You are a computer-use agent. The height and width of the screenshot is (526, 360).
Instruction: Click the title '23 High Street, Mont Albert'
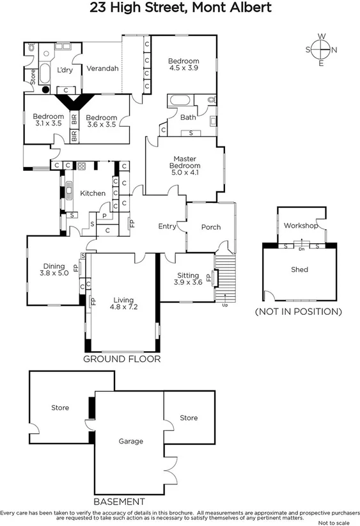coord(180,8)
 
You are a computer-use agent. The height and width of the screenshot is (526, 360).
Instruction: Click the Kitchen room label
coord(92,193)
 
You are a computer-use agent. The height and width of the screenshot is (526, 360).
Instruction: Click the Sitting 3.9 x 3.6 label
coord(188,278)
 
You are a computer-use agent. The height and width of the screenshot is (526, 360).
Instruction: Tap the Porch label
coord(211,227)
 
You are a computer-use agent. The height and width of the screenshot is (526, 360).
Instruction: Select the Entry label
coord(167,227)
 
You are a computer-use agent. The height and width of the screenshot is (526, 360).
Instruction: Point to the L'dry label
coord(65,70)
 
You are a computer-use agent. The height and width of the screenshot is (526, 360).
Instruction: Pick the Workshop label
coord(301,226)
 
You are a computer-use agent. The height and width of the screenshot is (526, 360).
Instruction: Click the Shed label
coord(299,269)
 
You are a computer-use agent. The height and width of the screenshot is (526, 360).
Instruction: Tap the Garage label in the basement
coord(130,441)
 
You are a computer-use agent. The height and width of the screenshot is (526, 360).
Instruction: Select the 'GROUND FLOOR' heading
coord(121,359)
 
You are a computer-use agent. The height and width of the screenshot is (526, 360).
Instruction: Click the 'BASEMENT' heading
coord(119,501)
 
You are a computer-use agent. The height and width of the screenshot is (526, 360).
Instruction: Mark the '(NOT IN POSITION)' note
coord(298,312)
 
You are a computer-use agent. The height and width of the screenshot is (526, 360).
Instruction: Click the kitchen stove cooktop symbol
coord(81,166)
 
